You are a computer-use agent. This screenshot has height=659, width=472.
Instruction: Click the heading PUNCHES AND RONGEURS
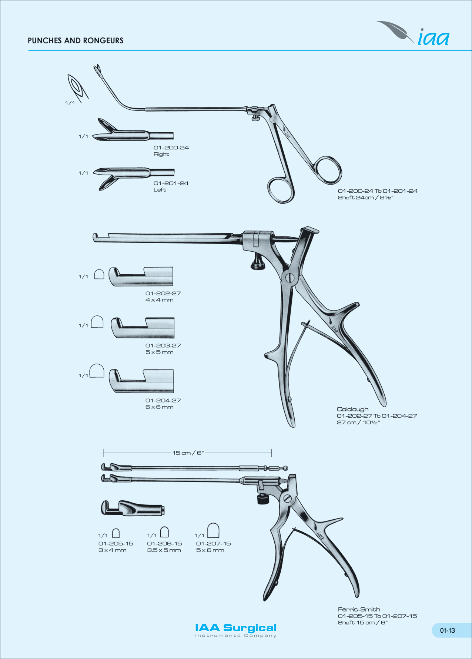click(x=76, y=40)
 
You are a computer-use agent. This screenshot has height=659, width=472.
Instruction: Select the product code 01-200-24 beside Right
click(x=171, y=148)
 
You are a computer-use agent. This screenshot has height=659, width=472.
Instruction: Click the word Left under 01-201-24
click(x=160, y=190)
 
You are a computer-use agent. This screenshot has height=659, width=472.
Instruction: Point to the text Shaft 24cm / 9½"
click(x=365, y=198)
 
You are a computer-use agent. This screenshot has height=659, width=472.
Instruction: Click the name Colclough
click(x=352, y=409)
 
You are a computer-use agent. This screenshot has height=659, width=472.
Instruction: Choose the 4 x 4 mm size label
click(x=159, y=300)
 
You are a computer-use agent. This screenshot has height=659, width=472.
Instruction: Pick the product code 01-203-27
click(x=163, y=345)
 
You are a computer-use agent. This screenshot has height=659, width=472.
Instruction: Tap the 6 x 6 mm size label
click(x=159, y=407)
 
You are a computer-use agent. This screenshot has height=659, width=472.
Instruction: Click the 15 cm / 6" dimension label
click(x=188, y=453)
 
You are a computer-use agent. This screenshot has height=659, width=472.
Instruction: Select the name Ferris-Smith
click(x=359, y=609)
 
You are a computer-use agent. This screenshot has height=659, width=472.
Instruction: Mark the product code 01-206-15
click(x=164, y=543)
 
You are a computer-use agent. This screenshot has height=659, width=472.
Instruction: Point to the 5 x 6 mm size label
click(x=210, y=550)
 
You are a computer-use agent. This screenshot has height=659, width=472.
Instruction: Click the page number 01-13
click(x=447, y=630)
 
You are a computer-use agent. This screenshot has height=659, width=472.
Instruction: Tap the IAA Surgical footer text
click(x=236, y=628)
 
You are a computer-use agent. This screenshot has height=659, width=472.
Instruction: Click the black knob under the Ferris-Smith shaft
click(x=263, y=499)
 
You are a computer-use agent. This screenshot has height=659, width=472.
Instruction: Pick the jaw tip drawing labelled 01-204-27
click(x=141, y=381)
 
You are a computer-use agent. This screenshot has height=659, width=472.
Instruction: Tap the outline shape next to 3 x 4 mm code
click(x=116, y=533)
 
